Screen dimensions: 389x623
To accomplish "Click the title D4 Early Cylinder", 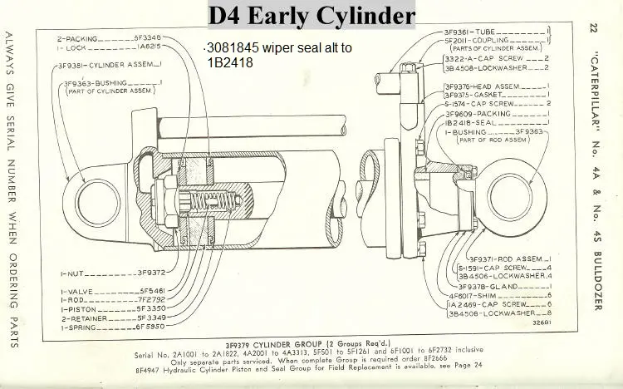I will click(311, 15).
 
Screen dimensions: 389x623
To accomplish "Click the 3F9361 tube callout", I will click(461, 32).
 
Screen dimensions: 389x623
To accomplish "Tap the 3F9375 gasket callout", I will click(461, 95).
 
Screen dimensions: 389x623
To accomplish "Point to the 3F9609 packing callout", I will click(461, 112).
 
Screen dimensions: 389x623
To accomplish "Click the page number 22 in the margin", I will click(601, 30).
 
